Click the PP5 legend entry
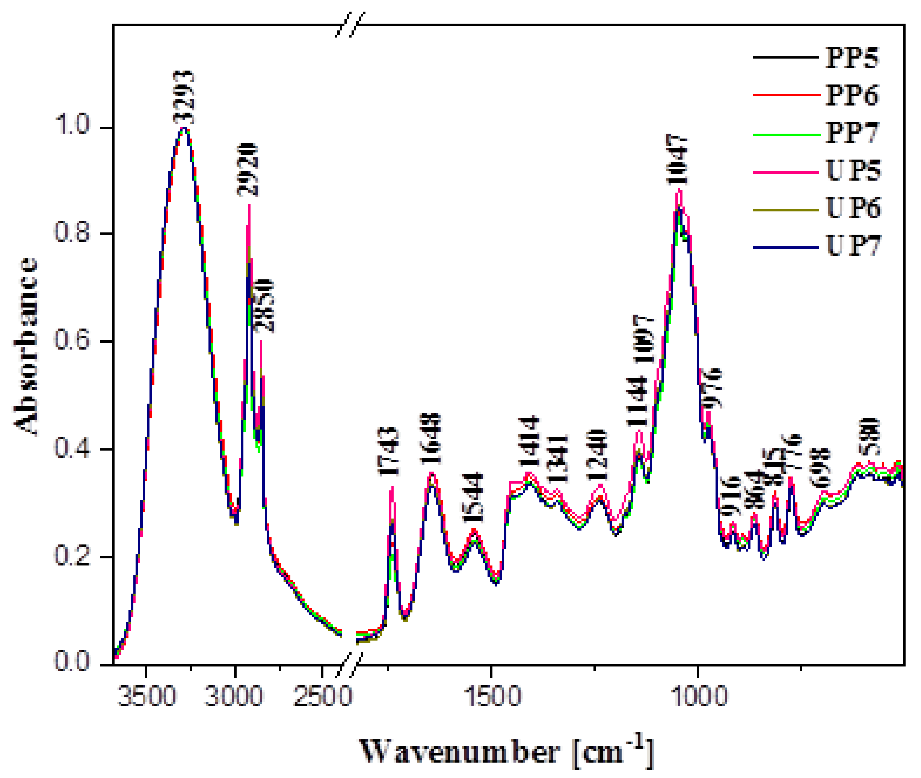pyautogui.click(x=851, y=58)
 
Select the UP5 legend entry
pyautogui.click(x=852, y=171)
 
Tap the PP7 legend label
pyautogui.click(x=851, y=133)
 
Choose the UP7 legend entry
pyautogui.click(x=852, y=246)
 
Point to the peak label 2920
pyautogui.click(x=247, y=170)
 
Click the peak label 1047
pyautogui.click(x=676, y=160)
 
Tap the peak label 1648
pyautogui.click(x=430, y=439)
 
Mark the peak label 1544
pyautogui.click(x=473, y=498)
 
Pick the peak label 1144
pyautogui.click(x=637, y=401)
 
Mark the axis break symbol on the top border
pyautogui.click(x=350, y=25)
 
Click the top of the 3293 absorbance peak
pyautogui.click(x=185, y=128)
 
